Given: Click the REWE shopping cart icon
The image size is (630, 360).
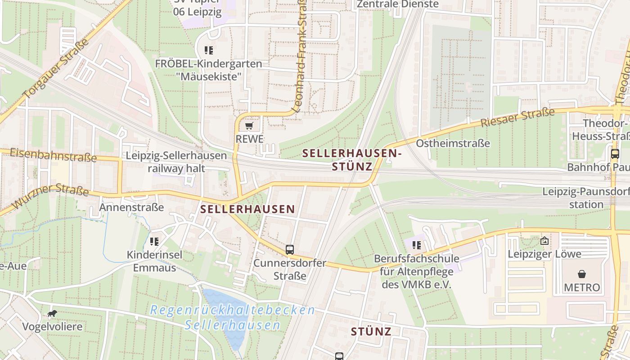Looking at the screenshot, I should click(x=249, y=126).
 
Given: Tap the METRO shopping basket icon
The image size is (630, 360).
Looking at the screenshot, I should click(x=582, y=274).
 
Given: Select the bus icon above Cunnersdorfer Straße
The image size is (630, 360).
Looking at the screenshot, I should click(x=290, y=249).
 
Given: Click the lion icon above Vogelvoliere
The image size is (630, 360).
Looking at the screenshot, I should click(x=52, y=313).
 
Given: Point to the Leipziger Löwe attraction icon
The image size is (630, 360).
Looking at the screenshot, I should click(x=544, y=241).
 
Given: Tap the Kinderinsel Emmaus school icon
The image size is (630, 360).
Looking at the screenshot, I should click(x=154, y=242).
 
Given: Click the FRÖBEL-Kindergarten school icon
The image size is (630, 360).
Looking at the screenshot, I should click(x=208, y=50).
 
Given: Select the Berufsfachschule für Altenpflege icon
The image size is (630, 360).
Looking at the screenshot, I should click(x=416, y=245).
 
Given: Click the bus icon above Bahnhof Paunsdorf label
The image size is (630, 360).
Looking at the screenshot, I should click(x=615, y=153).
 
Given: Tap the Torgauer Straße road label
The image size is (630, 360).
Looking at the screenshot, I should click(x=56, y=68).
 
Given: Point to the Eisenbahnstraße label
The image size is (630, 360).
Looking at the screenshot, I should click(x=53, y=155).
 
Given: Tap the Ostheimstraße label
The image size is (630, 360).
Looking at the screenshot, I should click(x=453, y=144).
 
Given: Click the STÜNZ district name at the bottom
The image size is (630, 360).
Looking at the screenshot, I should click(x=371, y=332).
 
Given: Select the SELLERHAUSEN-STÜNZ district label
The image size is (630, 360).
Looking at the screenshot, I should click(x=352, y=160).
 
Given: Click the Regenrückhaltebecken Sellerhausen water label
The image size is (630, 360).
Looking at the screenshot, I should click(x=232, y=317).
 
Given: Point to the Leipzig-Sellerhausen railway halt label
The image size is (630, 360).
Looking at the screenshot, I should click(x=176, y=162).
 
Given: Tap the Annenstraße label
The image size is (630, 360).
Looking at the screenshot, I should click(x=131, y=207).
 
